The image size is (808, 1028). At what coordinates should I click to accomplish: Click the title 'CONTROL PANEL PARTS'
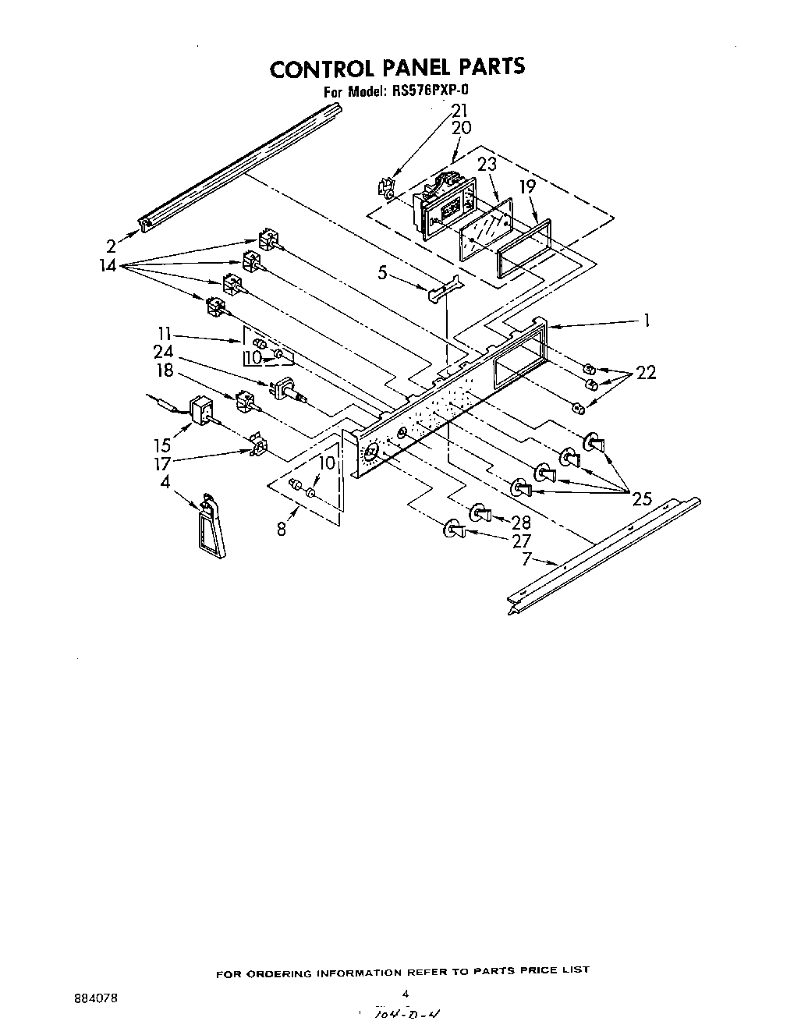point(397,68)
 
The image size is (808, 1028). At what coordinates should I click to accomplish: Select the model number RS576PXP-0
point(428,91)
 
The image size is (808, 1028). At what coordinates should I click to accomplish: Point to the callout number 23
point(487,165)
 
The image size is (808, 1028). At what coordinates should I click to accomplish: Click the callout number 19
point(528,187)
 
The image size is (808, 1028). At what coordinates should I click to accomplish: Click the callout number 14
point(108,265)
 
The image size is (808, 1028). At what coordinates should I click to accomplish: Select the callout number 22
point(645,373)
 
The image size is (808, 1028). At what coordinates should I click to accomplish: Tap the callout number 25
point(642,499)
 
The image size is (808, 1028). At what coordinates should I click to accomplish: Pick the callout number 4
point(165,482)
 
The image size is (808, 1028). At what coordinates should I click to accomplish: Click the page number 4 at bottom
point(406,993)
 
